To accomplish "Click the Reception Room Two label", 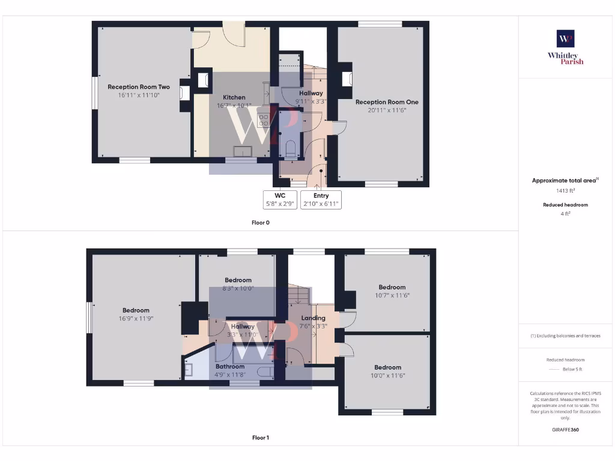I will pyautogui.click(x=139, y=87).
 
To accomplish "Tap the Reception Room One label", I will pyautogui.click(x=387, y=102).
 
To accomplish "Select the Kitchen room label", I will pyautogui.click(x=234, y=97).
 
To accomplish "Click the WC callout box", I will pyautogui.click(x=279, y=199).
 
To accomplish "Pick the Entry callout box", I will pyautogui.click(x=321, y=199).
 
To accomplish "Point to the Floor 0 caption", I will pyautogui.click(x=261, y=223).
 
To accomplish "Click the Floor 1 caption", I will pyautogui.click(x=261, y=438).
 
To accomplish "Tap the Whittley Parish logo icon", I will pyautogui.click(x=565, y=39).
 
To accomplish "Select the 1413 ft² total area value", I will pyautogui.click(x=565, y=191).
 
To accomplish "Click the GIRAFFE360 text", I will pyautogui.click(x=565, y=430).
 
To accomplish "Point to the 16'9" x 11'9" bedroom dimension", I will pyautogui.click(x=135, y=319).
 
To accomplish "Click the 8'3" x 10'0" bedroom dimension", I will pyautogui.click(x=238, y=288).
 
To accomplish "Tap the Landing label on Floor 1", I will pyautogui.click(x=313, y=318).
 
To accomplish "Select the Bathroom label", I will pyautogui.click(x=230, y=367).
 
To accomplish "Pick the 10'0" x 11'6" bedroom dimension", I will pyautogui.click(x=387, y=375).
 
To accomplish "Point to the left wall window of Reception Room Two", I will pyautogui.click(x=94, y=93).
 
